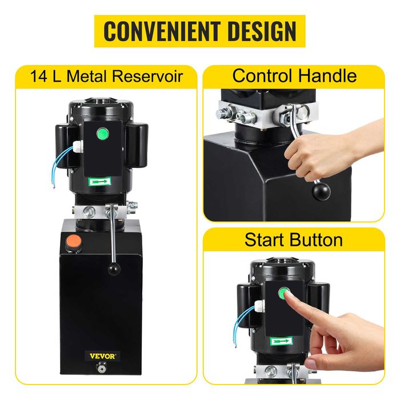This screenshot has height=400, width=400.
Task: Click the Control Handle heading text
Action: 294,75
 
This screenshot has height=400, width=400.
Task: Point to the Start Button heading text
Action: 294,239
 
